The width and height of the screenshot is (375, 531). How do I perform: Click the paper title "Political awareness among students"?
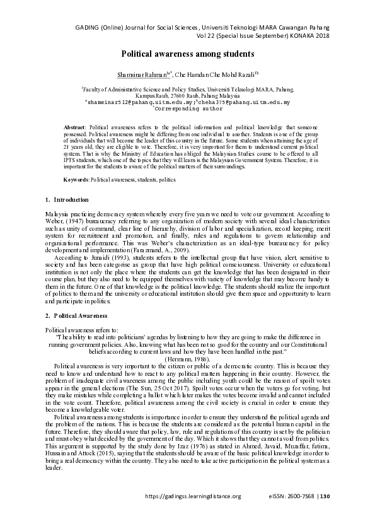[188, 55]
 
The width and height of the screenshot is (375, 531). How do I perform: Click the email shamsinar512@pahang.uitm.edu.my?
[130, 102]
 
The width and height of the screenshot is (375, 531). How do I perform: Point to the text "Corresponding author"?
[188, 108]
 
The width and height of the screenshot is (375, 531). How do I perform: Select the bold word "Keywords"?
[76, 180]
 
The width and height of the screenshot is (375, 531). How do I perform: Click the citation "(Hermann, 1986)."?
[188, 358]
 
